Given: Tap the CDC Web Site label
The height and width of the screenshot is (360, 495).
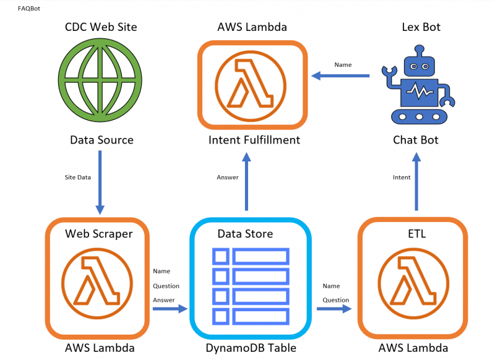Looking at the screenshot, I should click(101, 27).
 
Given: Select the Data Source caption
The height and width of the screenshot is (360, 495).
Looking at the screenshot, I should click(101, 140).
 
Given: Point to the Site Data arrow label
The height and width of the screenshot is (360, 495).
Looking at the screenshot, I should click(78, 178).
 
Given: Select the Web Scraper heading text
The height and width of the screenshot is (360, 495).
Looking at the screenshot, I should click(99, 234).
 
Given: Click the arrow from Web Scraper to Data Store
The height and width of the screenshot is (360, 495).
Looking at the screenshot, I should click(170, 307).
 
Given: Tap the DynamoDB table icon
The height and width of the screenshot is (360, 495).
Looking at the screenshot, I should click(251, 286).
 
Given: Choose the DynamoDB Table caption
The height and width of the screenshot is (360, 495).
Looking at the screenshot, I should click(251, 348).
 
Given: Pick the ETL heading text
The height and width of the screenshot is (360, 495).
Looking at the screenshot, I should click(411, 234).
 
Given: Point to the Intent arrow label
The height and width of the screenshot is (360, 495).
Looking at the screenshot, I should click(402, 178).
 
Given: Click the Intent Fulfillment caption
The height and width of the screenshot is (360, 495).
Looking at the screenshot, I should click(254, 140).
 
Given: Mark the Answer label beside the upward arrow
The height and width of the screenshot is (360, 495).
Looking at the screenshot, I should click(227, 178).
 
